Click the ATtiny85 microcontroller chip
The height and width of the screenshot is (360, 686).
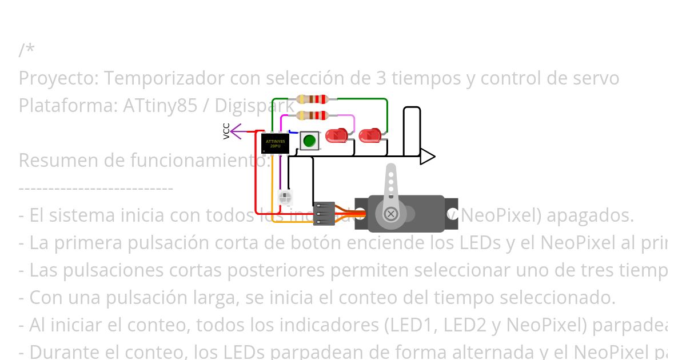click(275, 143)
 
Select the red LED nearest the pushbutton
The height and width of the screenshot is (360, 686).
click(336, 136)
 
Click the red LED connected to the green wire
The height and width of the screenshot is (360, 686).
click(370, 136)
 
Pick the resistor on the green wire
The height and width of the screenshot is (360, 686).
click(312, 99)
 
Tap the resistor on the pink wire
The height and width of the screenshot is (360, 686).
click(312, 115)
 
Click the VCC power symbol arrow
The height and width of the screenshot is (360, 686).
click(236, 131)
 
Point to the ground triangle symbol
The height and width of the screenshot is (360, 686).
click(427, 156)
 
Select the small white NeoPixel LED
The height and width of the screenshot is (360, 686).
click(285, 197)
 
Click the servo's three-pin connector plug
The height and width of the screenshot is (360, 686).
click(324, 213)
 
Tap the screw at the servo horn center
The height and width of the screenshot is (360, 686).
click(391, 214)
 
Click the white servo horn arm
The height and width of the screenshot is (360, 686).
click(391, 183)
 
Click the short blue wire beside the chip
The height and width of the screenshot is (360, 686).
click(293, 132)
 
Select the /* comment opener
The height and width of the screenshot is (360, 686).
click(26, 50)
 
